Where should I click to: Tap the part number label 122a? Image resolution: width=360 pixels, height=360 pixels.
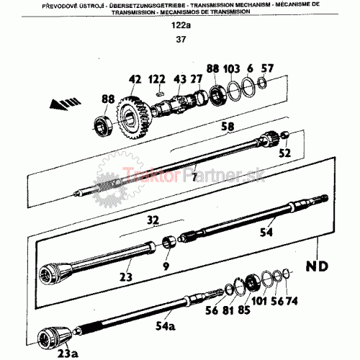pos(181,25)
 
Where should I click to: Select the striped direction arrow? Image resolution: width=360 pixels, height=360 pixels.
pos(66,104)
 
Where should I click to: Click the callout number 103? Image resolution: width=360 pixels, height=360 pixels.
pos(231,69)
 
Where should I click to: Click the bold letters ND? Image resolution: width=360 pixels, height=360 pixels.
pos(317,266)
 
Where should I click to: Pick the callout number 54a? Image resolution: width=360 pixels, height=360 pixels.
pos(166,325)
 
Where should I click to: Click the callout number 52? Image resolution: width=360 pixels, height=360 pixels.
pos(284,153)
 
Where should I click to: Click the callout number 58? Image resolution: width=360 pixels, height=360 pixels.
pos(228,127)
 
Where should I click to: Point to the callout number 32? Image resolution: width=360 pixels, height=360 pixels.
pos(153,220)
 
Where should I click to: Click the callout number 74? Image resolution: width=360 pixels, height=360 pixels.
pos(292,301)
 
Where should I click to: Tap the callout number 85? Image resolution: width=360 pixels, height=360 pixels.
pos(244,310)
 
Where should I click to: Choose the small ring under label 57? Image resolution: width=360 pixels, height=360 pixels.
pos(261,82)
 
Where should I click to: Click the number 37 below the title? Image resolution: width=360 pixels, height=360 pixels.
pos(181,40)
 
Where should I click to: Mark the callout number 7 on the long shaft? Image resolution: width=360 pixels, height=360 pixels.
pos(194,177)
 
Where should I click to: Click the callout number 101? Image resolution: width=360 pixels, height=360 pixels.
pos(259,301)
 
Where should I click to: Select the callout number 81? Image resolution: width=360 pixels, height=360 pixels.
pos(228,310)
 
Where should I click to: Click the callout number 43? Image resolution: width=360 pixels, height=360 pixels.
pos(180,79)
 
